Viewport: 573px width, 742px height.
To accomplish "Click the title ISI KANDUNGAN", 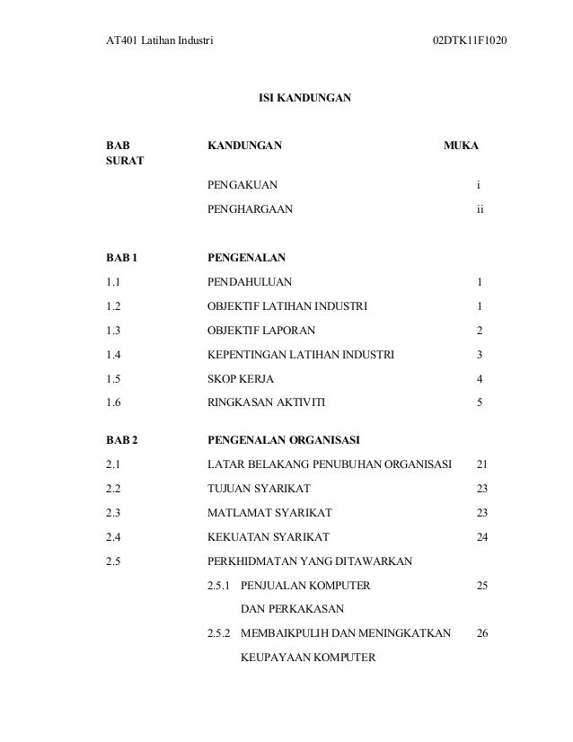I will coord(305,93).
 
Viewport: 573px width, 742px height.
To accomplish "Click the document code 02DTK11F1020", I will coord(468,42).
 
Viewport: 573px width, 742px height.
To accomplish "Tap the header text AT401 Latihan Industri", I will coord(159,42).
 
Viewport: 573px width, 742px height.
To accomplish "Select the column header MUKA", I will coord(461,145).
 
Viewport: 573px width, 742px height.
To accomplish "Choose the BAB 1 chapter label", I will coord(123,258).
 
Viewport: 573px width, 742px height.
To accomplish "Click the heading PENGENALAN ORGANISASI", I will coord(284,440).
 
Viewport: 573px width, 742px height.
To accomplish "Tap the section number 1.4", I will coord(113,355).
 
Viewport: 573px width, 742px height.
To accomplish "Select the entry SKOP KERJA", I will coord(241,379).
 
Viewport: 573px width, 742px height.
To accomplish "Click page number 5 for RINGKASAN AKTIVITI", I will coord(480,403).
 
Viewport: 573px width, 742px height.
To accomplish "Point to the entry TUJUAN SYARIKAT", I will coord(260,489).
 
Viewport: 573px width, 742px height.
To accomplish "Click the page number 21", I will coord(482,464).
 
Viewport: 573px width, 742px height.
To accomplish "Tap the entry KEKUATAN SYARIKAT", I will coord(269,537).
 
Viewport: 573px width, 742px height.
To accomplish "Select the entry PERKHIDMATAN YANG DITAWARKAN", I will coord(310,561).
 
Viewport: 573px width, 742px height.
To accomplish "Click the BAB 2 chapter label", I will coord(123,440).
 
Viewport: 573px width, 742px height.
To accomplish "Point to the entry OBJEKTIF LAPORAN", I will coord(261,331).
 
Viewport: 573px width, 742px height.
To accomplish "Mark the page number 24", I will coord(482,537).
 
